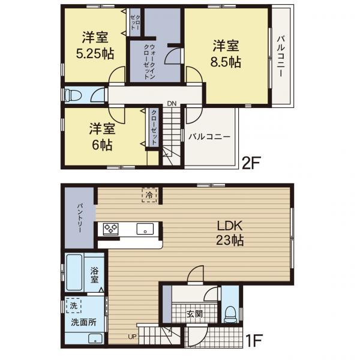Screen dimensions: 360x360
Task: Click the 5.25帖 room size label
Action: click(x=95, y=54)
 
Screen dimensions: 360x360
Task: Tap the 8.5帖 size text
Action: click(x=226, y=62)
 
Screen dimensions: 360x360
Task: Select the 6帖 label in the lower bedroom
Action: click(x=102, y=145)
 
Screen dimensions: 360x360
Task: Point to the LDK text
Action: click(x=230, y=226)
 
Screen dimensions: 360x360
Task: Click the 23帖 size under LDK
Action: click(x=230, y=241)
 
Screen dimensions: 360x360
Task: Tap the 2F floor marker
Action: click(x=251, y=163)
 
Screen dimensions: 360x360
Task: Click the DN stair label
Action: click(x=172, y=104)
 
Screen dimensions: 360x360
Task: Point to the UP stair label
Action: click(x=132, y=337)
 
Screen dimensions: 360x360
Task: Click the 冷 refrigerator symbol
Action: click(x=149, y=195)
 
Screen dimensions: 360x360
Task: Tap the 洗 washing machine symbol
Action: click(x=73, y=305)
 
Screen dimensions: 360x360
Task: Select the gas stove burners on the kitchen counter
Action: click(x=111, y=229)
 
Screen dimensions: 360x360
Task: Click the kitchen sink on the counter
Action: click(x=145, y=229)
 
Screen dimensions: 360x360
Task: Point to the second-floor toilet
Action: click(x=73, y=95)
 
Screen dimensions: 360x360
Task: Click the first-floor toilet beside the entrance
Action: click(x=230, y=315)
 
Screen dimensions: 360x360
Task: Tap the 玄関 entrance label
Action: click(x=194, y=314)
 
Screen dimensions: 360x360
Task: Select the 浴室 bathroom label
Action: click(x=94, y=275)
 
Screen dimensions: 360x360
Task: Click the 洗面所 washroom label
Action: click(x=83, y=322)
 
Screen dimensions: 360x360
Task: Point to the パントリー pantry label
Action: click(x=80, y=217)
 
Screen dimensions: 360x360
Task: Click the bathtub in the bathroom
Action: click(x=74, y=272)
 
